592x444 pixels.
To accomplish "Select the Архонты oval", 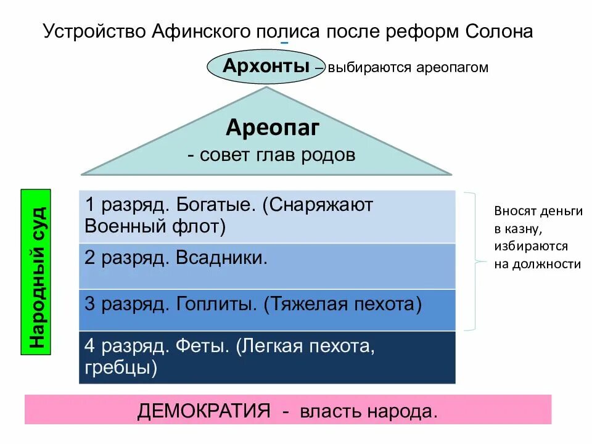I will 266,66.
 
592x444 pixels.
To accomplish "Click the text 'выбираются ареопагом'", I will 408,68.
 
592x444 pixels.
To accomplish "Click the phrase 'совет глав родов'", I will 277,155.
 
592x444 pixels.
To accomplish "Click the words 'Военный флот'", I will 155,226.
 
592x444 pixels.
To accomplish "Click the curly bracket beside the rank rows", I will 476,261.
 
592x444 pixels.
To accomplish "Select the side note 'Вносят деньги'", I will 538,211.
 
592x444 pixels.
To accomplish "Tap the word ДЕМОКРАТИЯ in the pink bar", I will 204,411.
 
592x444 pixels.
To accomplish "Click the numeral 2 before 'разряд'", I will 90,257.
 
